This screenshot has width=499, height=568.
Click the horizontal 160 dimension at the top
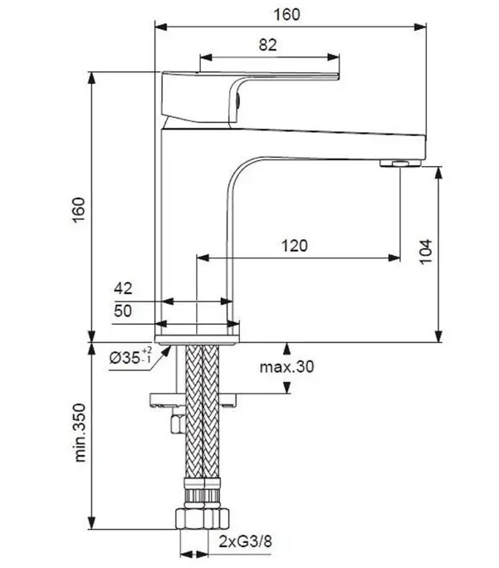pyautogui.click(x=286, y=15)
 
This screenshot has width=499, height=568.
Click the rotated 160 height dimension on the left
pyautogui.click(x=79, y=210)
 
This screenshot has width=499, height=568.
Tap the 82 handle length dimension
pyautogui.click(x=268, y=45)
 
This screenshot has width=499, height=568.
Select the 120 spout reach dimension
pyautogui.click(x=295, y=246)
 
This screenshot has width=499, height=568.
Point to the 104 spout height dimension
pyautogui.click(x=426, y=252)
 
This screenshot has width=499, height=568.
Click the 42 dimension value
pyautogui.click(x=123, y=288)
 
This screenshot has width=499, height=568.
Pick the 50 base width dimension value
pyautogui.click(x=123, y=311)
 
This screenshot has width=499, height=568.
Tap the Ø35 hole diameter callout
pyautogui.click(x=130, y=357)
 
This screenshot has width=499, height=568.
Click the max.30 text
pyautogui.click(x=286, y=367)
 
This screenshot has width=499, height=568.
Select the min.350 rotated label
pyautogui.click(x=80, y=433)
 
